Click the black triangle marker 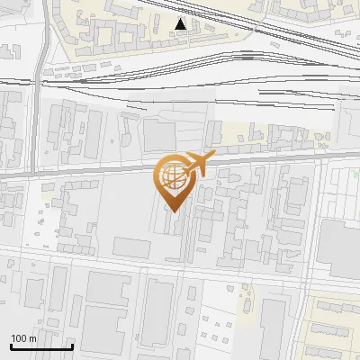[x=182, y=24]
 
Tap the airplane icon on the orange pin [x=197, y=166]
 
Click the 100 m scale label [x=23, y=338]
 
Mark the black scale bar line [x=41, y=346]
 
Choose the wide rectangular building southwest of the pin [x=132, y=247]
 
